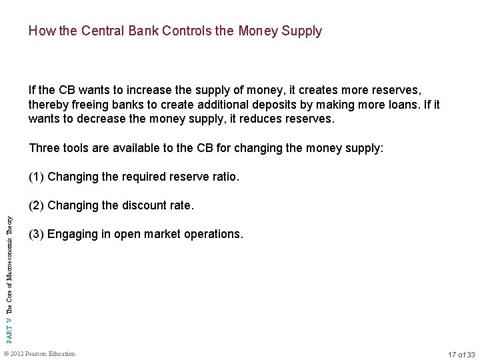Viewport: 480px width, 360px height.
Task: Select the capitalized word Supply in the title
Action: (x=300, y=31)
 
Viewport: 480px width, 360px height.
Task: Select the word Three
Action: (x=43, y=148)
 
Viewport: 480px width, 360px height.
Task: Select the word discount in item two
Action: (x=146, y=206)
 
